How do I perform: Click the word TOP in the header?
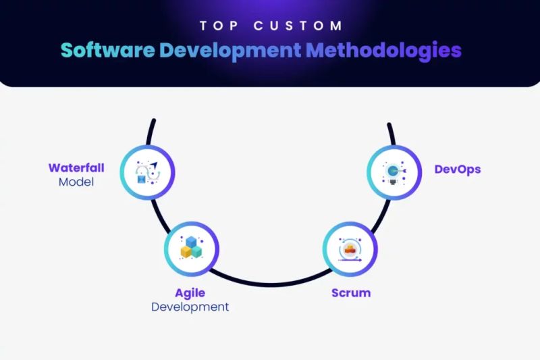pyautogui.click(x=219, y=26)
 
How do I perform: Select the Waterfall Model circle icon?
pyautogui.click(x=148, y=173)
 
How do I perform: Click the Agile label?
pyautogui.click(x=190, y=293)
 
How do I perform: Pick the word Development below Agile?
pyautogui.click(x=190, y=307)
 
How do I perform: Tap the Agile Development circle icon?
pyautogui.click(x=192, y=249)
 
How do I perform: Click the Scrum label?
pyautogui.click(x=351, y=293)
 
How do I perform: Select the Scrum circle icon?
pyautogui.click(x=350, y=249)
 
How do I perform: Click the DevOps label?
pyautogui.click(x=458, y=169)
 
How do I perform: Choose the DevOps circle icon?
pyautogui.click(x=394, y=173)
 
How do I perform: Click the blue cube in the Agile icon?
pyautogui.click(x=192, y=242)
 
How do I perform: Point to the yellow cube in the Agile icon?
pyautogui.click(x=186, y=253)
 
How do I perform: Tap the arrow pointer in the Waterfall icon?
pyautogui.click(x=155, y=165)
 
